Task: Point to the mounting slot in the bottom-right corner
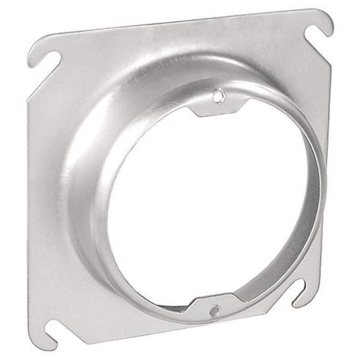click(x=301, y=292)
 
